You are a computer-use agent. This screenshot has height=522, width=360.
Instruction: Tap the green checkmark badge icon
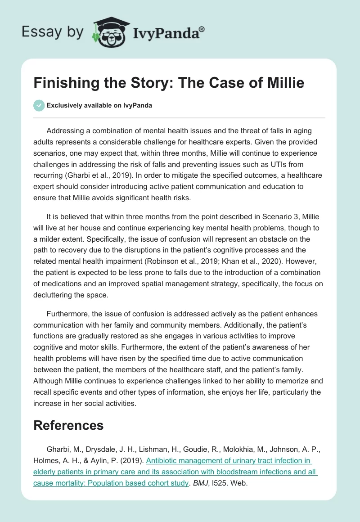39,105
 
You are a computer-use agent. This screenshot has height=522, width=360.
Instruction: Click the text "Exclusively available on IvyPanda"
99,105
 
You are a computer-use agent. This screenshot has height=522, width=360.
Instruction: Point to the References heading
68,425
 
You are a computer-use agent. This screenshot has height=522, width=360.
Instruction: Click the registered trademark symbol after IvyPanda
202,28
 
